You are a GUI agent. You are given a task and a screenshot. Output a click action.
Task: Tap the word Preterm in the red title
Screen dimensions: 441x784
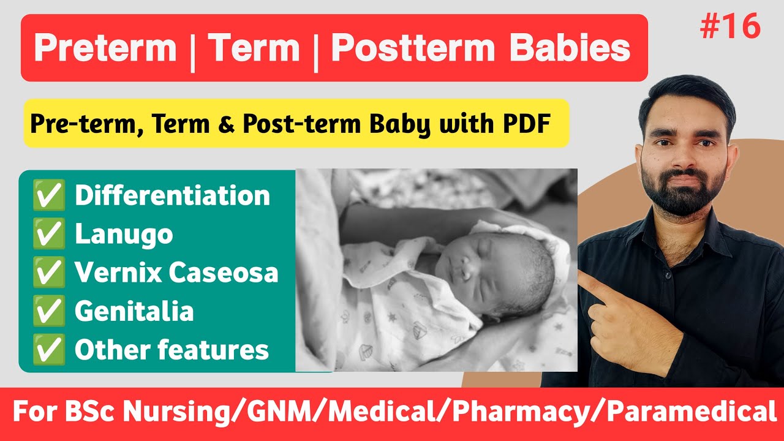[105, 48]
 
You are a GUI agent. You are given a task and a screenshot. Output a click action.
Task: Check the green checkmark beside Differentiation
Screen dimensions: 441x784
[49, 196]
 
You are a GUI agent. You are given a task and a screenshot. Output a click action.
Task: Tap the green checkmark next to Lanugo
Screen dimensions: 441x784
[49, 235]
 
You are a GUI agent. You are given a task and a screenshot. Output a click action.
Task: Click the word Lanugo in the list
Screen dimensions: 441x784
[124, 235]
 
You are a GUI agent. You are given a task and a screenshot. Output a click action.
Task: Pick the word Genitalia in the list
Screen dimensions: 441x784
[134, 312]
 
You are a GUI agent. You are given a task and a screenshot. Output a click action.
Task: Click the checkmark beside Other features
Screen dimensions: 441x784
[49, 350]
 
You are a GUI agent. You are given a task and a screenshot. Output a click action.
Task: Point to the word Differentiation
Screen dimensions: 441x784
[172, 196]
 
